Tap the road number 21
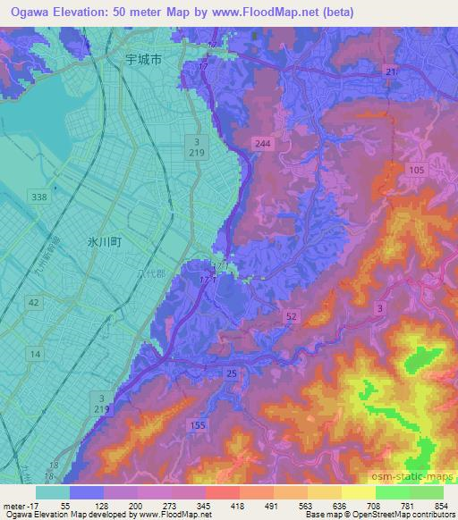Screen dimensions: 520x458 390,70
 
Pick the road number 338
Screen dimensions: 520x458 38,196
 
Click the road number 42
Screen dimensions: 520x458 34,304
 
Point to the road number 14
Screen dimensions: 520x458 34,355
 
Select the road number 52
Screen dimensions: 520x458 292,317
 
